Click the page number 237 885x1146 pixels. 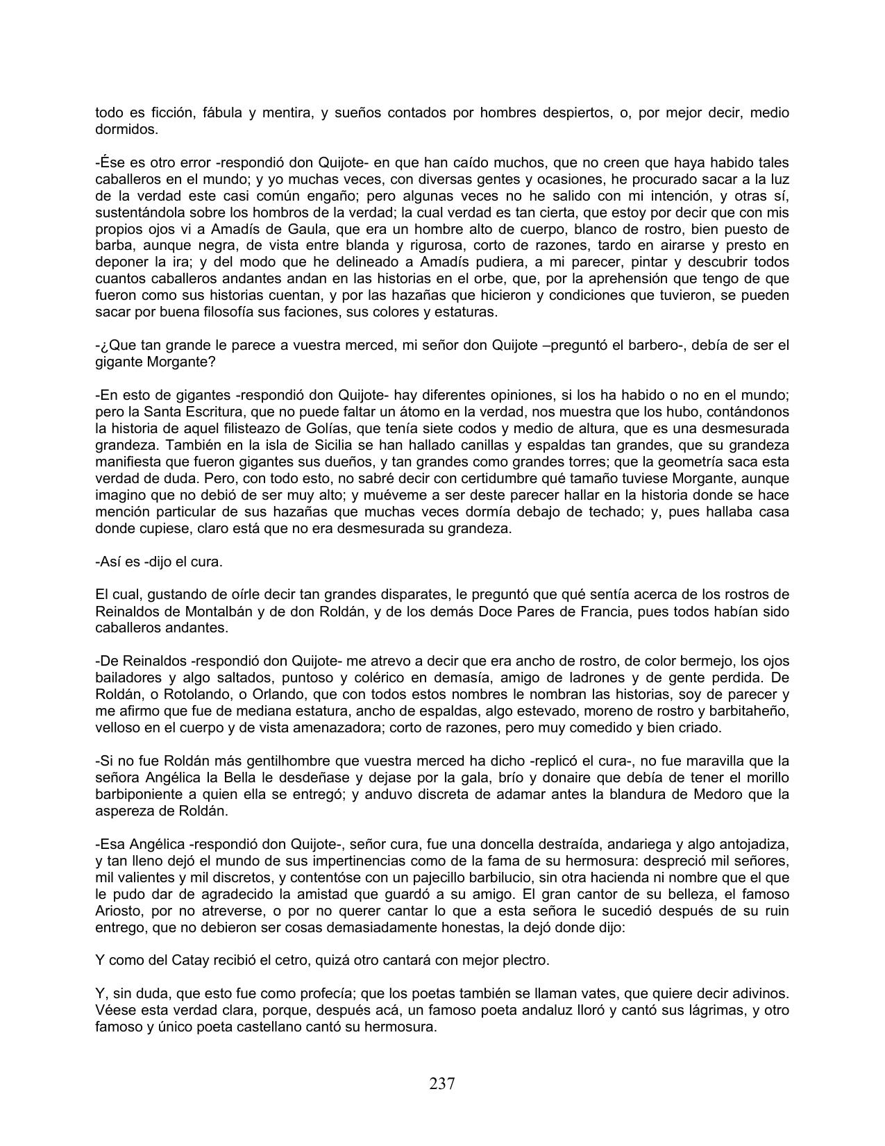441,1084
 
